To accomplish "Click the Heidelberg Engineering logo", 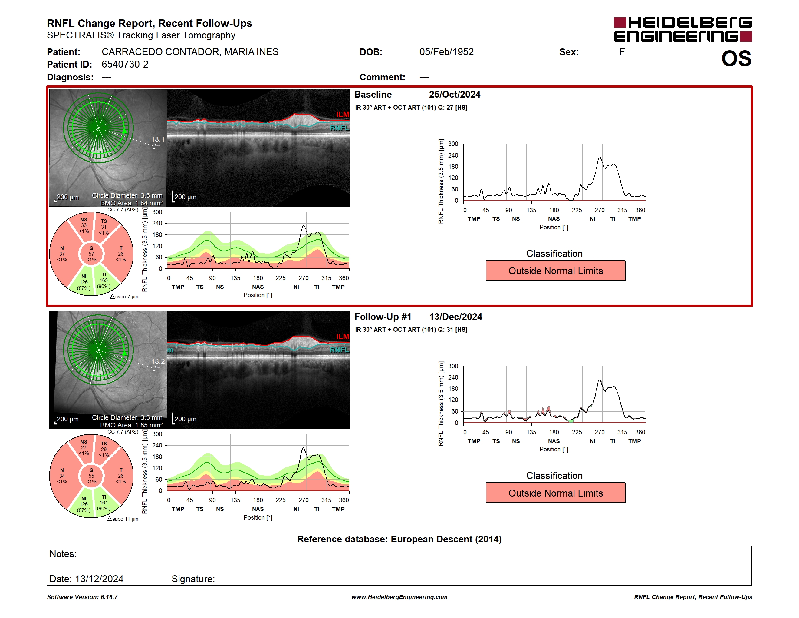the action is [683, 29].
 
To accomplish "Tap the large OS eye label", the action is [736, 58].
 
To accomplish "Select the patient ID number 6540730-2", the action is [125, 65].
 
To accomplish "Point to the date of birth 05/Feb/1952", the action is [446, 52].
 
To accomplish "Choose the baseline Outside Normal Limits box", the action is [555, 271].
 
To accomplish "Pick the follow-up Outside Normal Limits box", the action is [555, 493].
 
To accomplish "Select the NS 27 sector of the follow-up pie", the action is [84, 447].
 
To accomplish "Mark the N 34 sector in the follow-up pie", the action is [62, 476].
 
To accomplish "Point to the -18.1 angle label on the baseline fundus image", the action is [156, 139].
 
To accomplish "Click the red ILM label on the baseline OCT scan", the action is [342, 115].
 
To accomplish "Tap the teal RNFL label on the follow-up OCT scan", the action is [340, 350].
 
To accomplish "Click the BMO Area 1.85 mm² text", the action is [131, 425].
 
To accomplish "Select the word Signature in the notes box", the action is [193, 579].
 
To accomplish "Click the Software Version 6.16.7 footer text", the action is [82, 597].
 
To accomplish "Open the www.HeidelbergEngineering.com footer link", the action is [399, 597].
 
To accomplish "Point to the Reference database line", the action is [399, 539].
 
